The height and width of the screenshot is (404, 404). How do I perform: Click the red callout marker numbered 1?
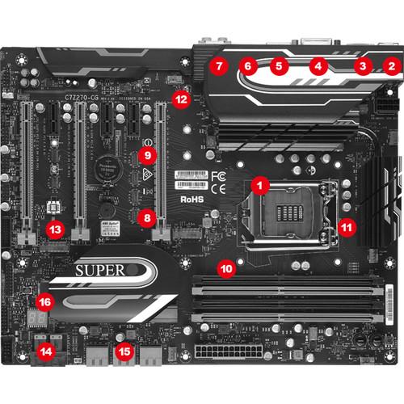tap(259, 184)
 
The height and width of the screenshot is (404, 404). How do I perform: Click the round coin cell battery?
tap(103, 167)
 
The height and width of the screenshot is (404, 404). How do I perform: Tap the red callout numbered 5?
tap(279, 65)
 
